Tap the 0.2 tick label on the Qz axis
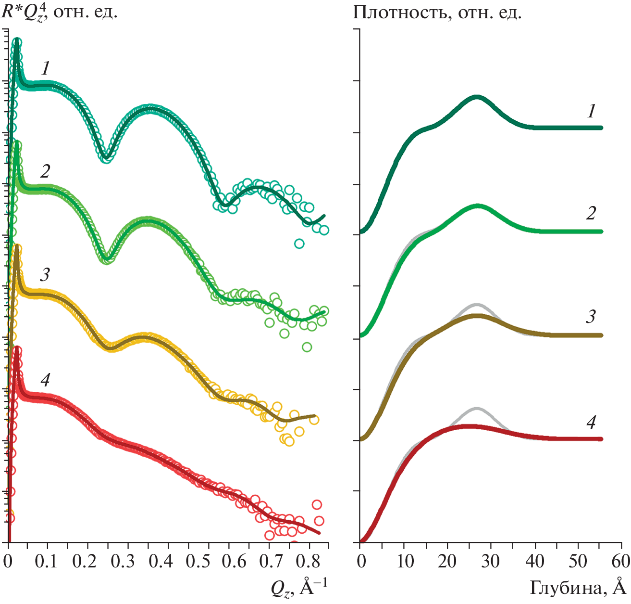[x=88, y=561]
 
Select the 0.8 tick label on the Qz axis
[x=308, y=561]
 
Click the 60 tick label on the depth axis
[x=621, y=561]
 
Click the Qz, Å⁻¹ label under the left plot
[x=299, y=588]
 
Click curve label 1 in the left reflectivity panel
[x=46, y=68]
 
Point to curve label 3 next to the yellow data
[x=45, y=275]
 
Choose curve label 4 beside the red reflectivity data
[x=45, y=380]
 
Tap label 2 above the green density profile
[x=591, y=213]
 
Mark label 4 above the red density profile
[x=591, y=422]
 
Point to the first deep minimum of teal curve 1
[x=106, y=157]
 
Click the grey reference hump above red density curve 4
[x=476, y=409]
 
